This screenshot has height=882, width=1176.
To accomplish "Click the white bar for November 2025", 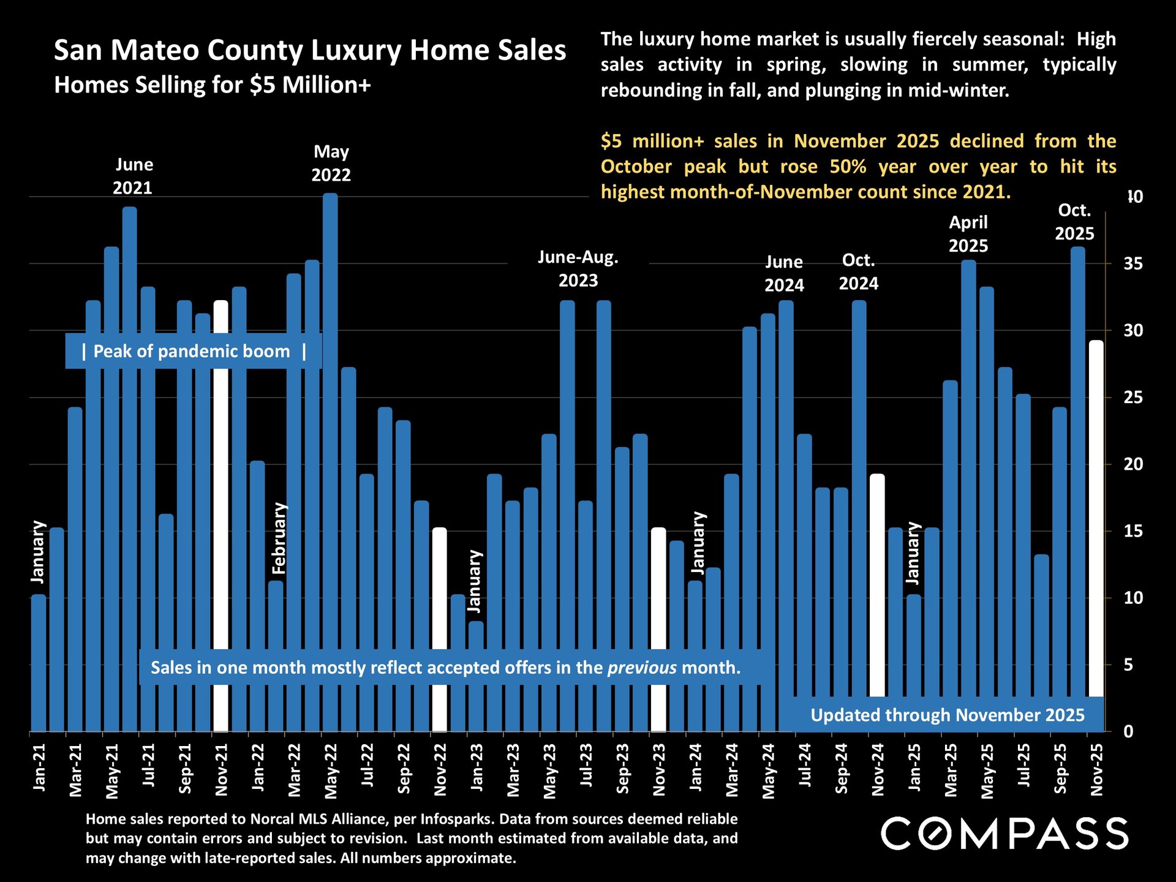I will coord(1096,521).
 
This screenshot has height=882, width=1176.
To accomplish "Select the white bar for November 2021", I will coord(221,490).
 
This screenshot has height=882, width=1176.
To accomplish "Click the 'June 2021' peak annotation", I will coord(134,176).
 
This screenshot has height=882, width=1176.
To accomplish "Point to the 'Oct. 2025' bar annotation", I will coord(1074,222).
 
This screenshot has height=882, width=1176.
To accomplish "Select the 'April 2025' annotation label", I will coord(968,234).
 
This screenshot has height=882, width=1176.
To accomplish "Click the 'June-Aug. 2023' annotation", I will coord(578,269).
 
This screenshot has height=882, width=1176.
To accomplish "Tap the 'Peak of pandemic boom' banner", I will coord(194,352).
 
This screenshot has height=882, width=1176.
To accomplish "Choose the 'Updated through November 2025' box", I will coord(947,715).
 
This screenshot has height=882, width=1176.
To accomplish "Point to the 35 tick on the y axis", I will coord(1133,264).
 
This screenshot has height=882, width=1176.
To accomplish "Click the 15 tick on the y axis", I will coord(1133,531).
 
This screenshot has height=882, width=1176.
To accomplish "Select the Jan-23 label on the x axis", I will coord(476,768).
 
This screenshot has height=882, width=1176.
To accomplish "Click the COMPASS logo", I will coord(1005,834).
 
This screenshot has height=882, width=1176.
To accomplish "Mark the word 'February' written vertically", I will coord(279,538).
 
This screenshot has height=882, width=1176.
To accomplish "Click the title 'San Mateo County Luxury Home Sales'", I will coord(310,50).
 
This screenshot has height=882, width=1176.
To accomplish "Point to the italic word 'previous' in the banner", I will coord(642,668).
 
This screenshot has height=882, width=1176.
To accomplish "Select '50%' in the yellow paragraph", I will coord(848,167).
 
